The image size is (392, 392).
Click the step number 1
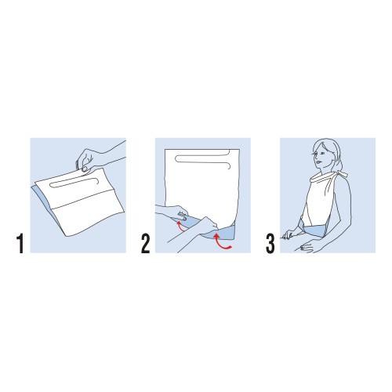(x=20, y=244)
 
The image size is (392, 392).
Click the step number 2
(x=146, y=244)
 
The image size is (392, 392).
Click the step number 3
(x=270, y=244)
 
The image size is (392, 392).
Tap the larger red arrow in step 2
(x=221, y=241)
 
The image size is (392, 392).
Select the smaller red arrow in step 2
(x=180, y=226)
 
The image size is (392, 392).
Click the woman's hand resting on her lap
(x=307, y=247)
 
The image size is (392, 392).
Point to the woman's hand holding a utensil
(x=289, y=234)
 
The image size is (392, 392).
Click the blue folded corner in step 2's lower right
(x=225, y=233)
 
